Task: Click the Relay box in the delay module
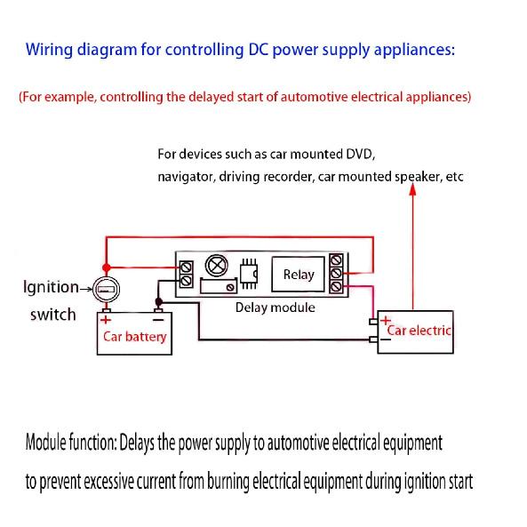coord(299,275)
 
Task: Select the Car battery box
coord(134,337)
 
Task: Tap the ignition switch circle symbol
coord(107,289)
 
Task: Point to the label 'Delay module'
coord(275,307)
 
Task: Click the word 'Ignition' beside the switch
coord(51,287)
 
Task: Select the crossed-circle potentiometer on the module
coord(216,265)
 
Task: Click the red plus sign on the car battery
coord(106,319)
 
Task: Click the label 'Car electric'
coord(420,331)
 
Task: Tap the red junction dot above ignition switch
coord(107,267)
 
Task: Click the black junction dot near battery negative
coord(158,302)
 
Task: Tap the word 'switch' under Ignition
coord(53,315)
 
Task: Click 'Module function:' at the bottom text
coord(71,442)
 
